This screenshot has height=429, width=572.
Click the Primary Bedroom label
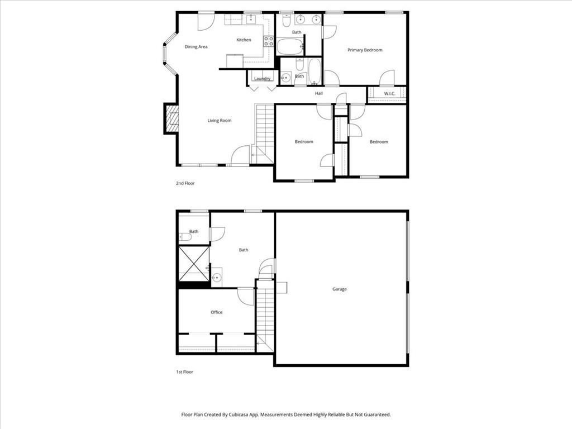[365, 50]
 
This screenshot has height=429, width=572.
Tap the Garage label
[340, 289]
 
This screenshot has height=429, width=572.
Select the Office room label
[217, 312]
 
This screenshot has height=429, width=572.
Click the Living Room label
[220, 121]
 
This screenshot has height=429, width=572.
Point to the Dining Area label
[196, 47]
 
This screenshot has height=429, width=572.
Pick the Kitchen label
[244, 40]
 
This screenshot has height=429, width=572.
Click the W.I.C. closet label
[389, 93]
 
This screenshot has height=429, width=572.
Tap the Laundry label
[262, 79]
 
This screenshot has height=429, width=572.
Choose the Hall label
[319, 93]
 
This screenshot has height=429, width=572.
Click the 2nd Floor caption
[185, 183]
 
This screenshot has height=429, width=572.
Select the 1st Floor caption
[185, 371]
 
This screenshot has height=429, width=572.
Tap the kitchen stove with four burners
[269, 40]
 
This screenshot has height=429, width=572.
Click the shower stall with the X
[193, 264]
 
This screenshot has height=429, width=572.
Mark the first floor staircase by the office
[265, 318]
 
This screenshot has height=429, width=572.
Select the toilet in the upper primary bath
[287, 21]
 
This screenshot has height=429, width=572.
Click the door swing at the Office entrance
[246, 296]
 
